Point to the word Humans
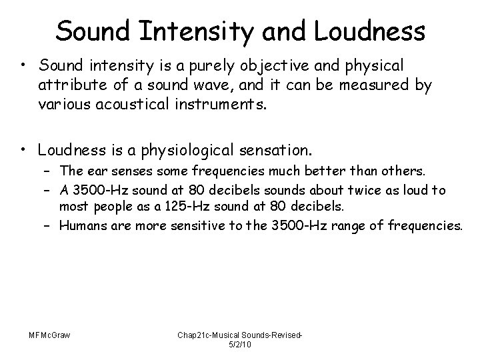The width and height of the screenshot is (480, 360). pyautogui.click(x=81, y=226)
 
